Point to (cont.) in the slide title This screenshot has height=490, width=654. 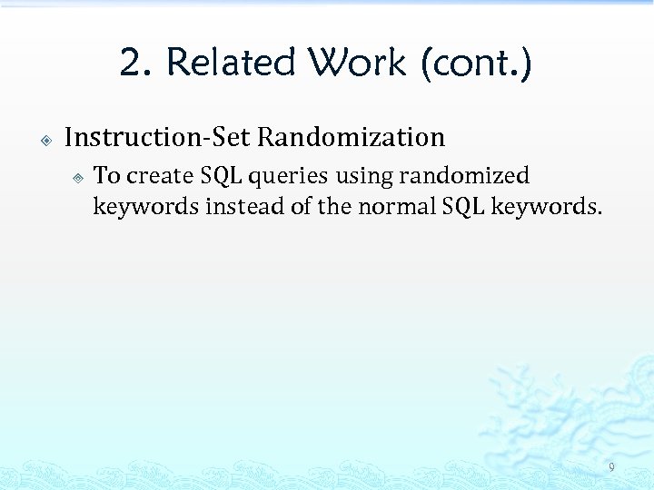point(476,64)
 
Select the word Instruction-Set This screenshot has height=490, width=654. point(158,137)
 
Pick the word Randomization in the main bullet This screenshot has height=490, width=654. point(351,137)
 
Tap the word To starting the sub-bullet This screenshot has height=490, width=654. point(106,175)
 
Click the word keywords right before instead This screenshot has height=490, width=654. point(145,207)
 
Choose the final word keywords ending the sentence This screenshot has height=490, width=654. point(546,207)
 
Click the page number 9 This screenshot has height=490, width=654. point(611,468)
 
